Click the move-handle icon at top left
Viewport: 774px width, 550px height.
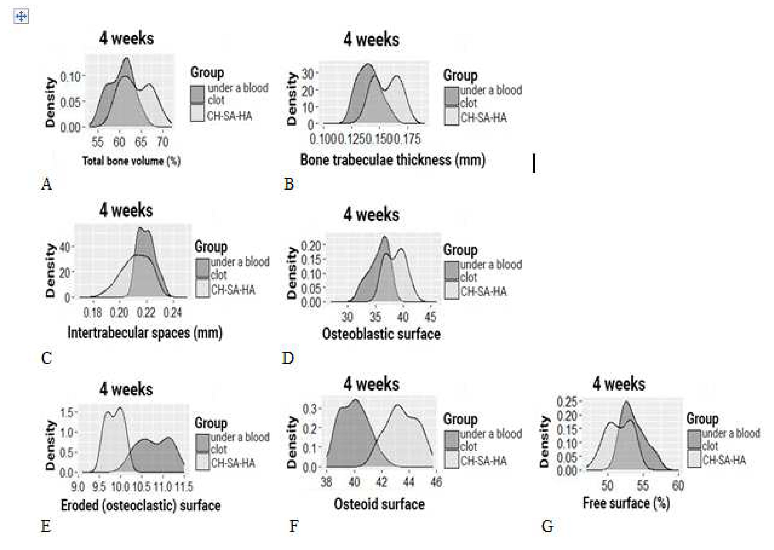tap(21, 16)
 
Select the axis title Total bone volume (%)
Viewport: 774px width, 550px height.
tap(131, 161)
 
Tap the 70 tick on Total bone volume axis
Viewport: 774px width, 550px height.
tap(163, 142)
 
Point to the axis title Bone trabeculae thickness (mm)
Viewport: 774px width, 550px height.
tap(393, 160)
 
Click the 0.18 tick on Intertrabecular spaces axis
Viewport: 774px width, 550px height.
tap(92, 312)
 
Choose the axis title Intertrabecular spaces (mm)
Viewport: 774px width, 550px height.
tap(145, 333)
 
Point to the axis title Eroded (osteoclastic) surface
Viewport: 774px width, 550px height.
tap(141, 505)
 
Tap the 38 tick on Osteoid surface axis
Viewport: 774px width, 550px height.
tap(326, 481)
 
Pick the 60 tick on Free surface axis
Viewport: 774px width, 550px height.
tap(678, 486)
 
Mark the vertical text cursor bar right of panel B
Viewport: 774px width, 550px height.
tap(534, 163)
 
